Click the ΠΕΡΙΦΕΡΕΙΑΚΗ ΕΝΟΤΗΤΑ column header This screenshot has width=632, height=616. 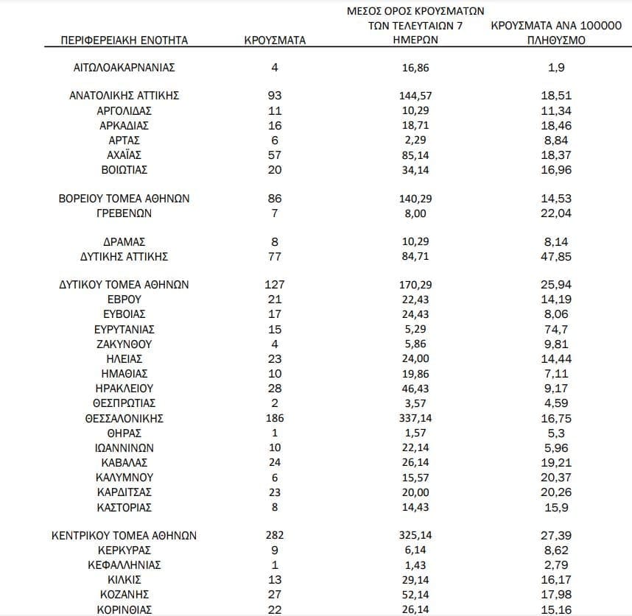pos(124,40)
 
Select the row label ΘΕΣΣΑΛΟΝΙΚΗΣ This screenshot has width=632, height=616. pos(124,418)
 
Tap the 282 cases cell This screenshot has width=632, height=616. pos(275,536)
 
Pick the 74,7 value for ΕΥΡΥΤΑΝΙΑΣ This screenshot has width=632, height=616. pos(555,329)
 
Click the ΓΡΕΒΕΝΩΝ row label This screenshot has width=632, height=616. pos(124,213)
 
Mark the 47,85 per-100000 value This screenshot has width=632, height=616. pos(555,257)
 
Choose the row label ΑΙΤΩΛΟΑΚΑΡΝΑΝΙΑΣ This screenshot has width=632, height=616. pos(124,68)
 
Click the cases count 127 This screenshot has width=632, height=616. pos(275,285)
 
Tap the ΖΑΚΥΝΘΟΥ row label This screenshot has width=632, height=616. pos(124,344)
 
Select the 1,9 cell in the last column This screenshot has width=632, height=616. pos(555,68)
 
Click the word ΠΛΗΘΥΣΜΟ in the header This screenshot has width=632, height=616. pos(556,40)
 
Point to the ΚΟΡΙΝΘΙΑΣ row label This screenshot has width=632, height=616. pos(124,609)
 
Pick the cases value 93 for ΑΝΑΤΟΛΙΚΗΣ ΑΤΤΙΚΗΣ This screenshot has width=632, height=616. pos(275,96)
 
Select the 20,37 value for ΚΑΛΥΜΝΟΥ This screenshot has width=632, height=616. pos(555,477)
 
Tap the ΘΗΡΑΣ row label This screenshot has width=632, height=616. pos(124,433)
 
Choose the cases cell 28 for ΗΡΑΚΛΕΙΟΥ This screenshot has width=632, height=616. pos(275,388)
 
